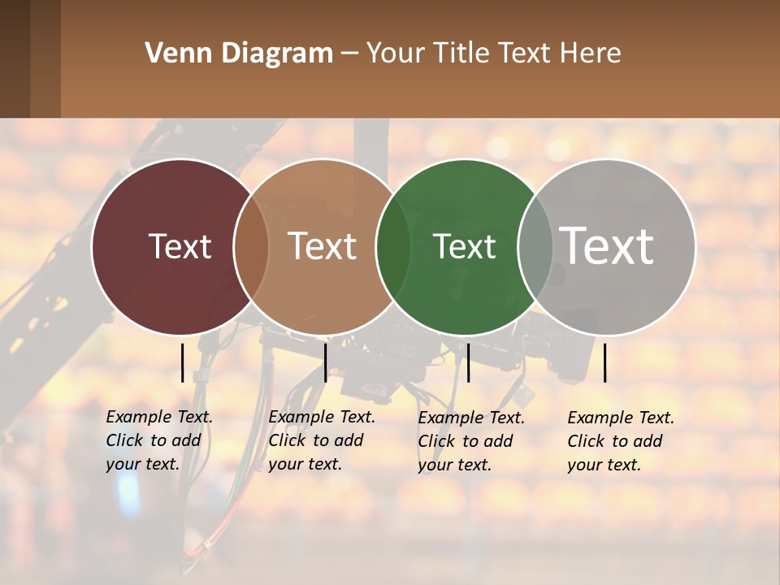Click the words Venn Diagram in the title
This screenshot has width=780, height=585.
[239, 54]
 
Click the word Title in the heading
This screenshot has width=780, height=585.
[461, 54]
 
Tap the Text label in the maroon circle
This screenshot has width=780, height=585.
[180, 246]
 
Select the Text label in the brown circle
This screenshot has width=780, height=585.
[323, 246]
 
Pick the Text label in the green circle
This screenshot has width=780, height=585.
[464, 246]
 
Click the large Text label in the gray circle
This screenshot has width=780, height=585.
[607, 245]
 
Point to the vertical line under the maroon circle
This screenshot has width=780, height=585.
[182, 362]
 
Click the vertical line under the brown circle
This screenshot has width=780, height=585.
[325, 362]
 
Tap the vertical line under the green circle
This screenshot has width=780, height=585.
[468, 362]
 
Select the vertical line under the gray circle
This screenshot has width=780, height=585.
[605, 362]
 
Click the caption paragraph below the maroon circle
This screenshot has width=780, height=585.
[159, 440]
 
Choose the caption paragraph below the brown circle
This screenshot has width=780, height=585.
[322, 440]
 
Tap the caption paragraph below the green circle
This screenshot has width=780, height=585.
[471, 441]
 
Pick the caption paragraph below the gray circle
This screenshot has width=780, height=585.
[621, 441]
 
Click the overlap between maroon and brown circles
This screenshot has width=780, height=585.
[251, 247]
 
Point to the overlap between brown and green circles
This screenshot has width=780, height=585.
[393, 247]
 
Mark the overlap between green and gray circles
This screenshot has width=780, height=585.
[535, 247]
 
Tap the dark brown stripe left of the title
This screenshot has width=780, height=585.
[30, 58]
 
